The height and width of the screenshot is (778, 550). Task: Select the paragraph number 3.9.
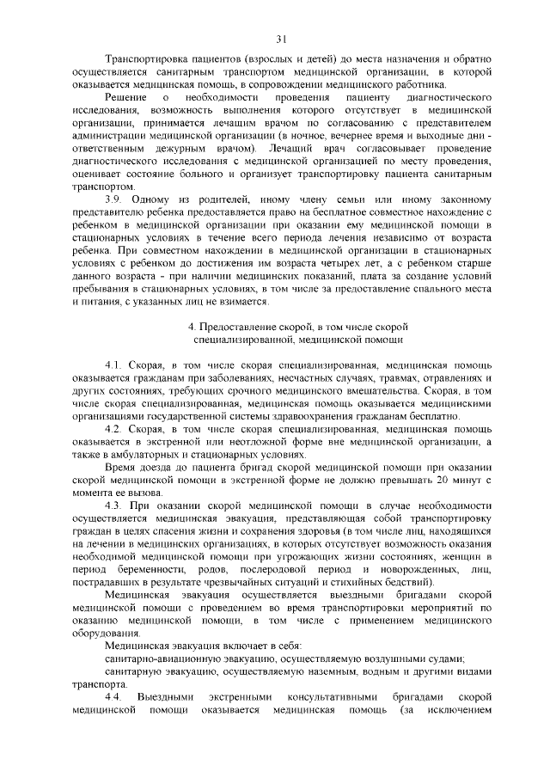click(x=113, y=197)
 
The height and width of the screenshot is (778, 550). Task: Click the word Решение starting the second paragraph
click(x=123, y=100)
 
